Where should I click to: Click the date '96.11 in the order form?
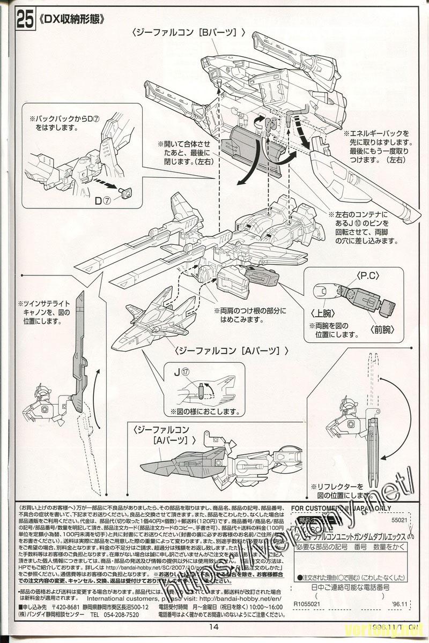coord(400,603)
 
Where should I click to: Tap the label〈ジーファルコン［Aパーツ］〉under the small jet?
coord(232,351)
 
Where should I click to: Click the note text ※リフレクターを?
coord(337,486)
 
